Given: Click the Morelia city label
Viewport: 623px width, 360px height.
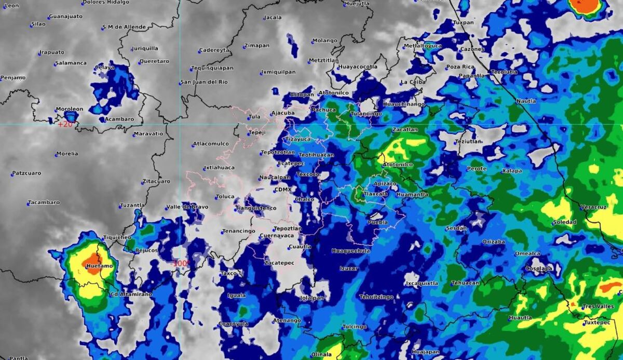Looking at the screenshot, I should coord(68,154).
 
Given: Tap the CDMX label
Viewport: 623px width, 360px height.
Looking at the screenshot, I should coord(283,190).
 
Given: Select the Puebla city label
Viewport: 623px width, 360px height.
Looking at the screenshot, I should coord(377,222).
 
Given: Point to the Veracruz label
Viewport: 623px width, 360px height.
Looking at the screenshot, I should coord(593,207).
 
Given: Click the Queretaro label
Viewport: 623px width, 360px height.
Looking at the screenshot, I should coord(154,61).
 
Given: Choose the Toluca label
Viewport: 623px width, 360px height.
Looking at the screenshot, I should coord(225,197).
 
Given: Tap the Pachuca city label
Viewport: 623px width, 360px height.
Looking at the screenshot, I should coord(324,110).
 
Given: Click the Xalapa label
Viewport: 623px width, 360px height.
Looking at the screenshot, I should coord(512,171).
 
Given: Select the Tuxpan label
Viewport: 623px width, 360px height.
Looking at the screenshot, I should coord(463,23).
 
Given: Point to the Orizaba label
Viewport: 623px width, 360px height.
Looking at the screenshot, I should coord(494,242).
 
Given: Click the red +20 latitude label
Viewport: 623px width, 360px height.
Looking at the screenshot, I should coord(66,125).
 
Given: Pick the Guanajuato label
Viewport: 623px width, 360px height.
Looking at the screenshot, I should coord(66,17).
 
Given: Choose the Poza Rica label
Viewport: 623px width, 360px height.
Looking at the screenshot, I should coord(461,66).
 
